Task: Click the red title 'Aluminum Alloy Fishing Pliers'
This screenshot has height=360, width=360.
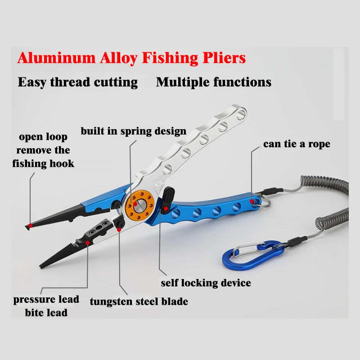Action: click(131, 58)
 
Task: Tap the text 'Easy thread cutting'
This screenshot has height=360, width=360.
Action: click(77, 82)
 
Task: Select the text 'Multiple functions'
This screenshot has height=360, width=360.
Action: click(213, 82)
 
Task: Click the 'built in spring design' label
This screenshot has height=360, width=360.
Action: click(133, 131)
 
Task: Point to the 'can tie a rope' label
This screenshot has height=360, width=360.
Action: click(297, 144)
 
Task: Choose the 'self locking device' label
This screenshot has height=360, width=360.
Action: click(206, 283)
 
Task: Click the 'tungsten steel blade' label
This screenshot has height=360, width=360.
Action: click(139, 301)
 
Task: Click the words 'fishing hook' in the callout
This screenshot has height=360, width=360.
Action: click(43, 163)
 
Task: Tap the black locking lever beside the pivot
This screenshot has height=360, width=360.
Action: click(168, 198)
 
